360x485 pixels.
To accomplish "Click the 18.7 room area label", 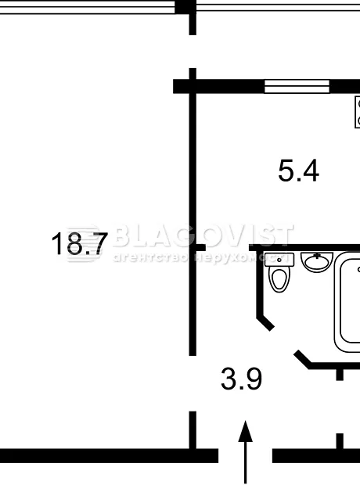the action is click(x=80, y=243).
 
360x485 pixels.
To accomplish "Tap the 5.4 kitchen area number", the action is click(x=298, y=171).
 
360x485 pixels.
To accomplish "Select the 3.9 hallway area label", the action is click(x=242, y=379).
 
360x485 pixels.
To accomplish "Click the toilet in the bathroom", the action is click(x=279, y=272).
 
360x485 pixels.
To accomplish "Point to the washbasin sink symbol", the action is click(x=317, y=262).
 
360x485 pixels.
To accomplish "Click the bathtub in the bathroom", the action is click(x=347, y=301).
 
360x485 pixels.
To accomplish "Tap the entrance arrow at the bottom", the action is click(x=246, y=452).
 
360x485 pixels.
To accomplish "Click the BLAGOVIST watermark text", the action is click(x=203, y=236).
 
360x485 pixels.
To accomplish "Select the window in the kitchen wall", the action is click(x=297, y=86).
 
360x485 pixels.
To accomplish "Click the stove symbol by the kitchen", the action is click(x=358, y=112).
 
